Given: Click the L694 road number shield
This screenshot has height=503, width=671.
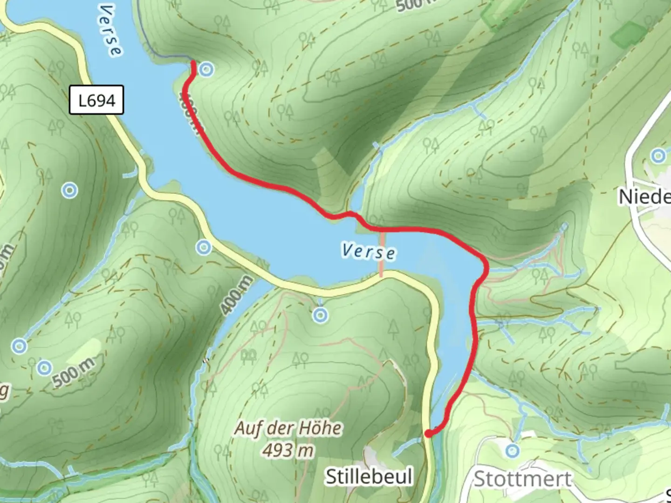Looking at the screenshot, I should pyautogui.click(x=96, y=100).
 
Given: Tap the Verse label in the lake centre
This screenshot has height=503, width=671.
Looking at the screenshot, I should pyautogui.click(x=368, y=251).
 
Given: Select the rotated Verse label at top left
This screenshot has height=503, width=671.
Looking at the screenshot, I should pyautogui.click(x=111, y=30).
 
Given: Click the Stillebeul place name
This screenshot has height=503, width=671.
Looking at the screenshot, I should pyautogui.click(x=369, y=476).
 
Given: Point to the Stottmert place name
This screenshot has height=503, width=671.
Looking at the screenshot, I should pyautogui.click(x=522, y=479).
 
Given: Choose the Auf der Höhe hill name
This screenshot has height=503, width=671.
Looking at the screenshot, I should pyautogui.click(x=288, y=428).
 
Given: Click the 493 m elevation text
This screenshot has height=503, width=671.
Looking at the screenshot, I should pyautogui.click(x=288, y=450).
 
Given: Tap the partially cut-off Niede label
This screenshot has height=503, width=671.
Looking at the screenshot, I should pyautogui.click(x=644, y=197).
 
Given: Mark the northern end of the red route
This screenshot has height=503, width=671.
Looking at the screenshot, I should pyautogui.click(x=193, y=62).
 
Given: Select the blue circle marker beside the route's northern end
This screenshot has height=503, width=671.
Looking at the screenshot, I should pyautogui.click(x=206, y=70).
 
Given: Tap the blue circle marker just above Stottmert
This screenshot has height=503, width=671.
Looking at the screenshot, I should pyautogui.click(x=513, y=450).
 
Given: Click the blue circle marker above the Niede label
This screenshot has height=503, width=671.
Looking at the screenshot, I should pyautogui.click(x=658, y=156).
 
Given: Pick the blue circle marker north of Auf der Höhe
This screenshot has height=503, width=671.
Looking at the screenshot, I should pyautogui.click(x=320, y=316).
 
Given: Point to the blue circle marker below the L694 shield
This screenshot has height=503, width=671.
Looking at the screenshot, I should pyautogui.click(x=70, y=190).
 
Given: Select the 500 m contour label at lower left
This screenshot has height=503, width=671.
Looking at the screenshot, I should pyautogui.click(x=73, y=372).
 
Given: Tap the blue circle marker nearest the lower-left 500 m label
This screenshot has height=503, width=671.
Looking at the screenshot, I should pyautogui.click(x=44, y=367).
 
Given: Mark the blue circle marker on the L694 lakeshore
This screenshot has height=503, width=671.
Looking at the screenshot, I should pyautogui.click(x=204, y=248).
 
